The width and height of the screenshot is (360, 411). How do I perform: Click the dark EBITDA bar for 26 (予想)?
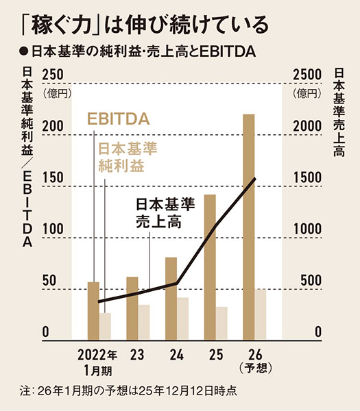tap(249, 226)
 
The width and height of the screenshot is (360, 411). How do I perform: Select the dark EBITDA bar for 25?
tap(210, 267)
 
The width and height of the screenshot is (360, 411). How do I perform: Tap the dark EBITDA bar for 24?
tap(171, 298)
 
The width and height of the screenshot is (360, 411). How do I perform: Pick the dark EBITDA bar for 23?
tap(132, 308)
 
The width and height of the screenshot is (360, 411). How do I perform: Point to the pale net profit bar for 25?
tap(222, 323)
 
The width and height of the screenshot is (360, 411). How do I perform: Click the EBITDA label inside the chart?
tap(118, 120)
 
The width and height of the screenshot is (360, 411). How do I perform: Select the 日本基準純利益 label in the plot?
tap(128, 157)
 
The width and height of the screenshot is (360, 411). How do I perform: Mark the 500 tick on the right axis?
tap(309, 280)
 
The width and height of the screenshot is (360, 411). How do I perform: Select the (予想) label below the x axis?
tap(254, 369)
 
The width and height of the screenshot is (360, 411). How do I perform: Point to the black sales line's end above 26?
tap(255, 179)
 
